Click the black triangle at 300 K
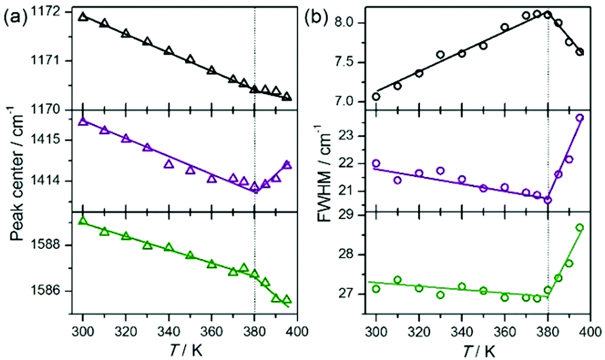click(x=83, y=16)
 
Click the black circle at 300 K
click(x=376, y=96)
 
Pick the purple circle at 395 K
click(x=579, y=117)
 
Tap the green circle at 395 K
click(x=579, y=227)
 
